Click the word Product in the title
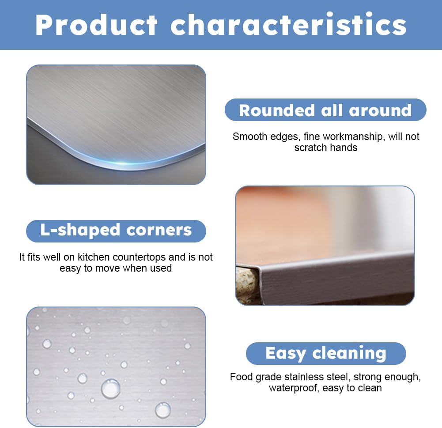[96, 25]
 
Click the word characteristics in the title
[288, 25]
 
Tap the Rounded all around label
[325, 110]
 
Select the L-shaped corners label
[116, 230]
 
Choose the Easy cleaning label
[326, 353]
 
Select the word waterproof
[293, 388]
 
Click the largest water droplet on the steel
[110, 388]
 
